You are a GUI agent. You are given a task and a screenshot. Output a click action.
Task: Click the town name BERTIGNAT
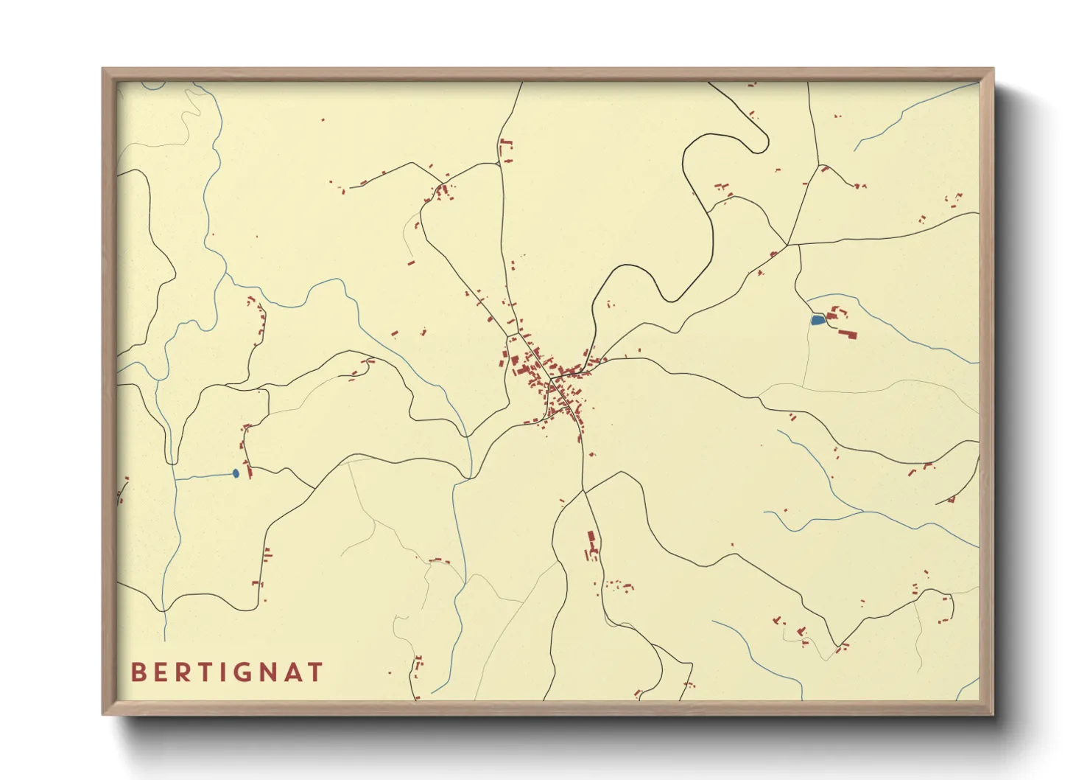227,672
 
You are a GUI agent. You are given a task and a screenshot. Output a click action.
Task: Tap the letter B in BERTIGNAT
137,672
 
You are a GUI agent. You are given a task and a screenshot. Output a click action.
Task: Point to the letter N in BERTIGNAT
269,672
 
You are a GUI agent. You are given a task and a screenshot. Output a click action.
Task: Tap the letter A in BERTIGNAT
292,672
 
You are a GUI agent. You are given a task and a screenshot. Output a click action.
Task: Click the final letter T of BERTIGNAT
315,672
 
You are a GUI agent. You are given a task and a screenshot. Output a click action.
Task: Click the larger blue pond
817,320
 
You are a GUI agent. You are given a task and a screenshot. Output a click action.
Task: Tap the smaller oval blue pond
236,473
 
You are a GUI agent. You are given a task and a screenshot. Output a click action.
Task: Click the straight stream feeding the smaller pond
203,476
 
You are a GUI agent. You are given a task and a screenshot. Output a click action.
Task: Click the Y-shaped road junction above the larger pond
788,244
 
